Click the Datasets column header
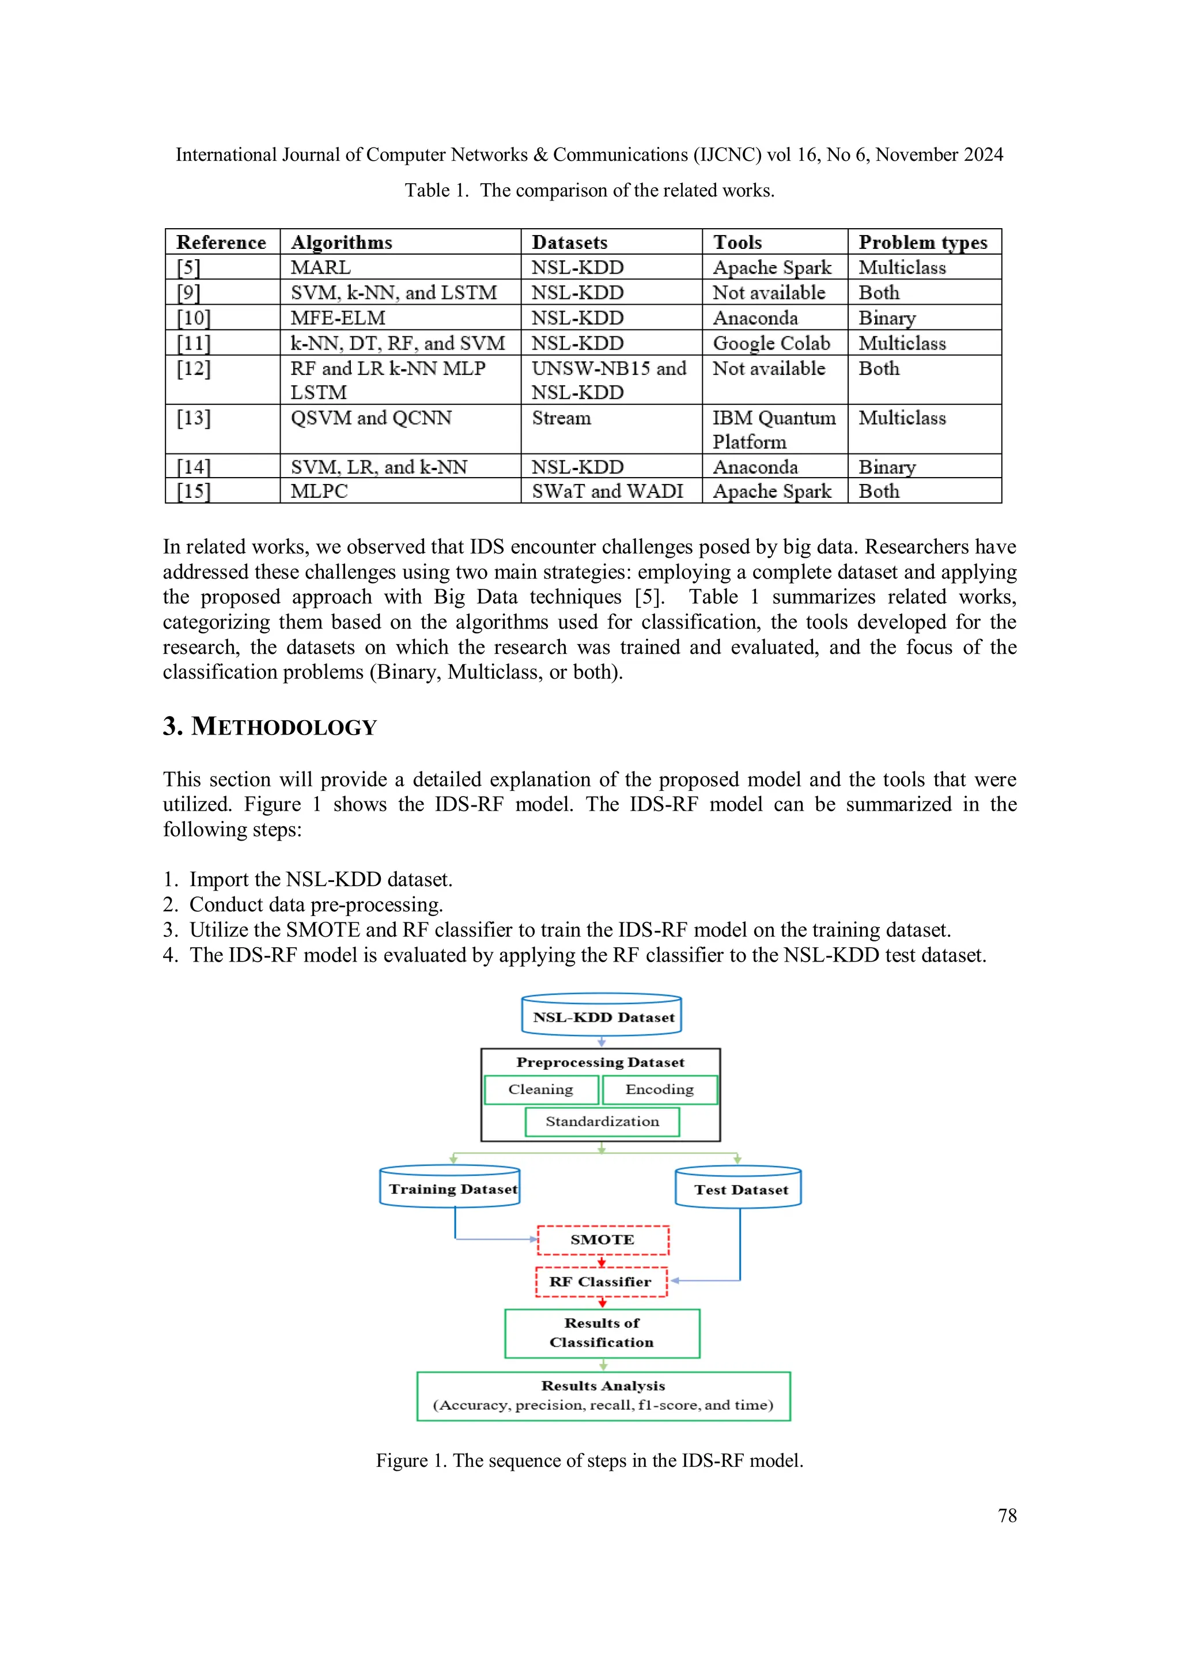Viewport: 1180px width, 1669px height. (x=569, y=242)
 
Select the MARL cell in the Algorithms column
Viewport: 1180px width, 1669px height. (x=320, y=267)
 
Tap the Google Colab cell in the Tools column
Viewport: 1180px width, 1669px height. (x=771, y=343)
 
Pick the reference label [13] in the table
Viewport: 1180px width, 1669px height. (x=194, y=418)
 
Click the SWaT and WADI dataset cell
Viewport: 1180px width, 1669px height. (x=607, y=491)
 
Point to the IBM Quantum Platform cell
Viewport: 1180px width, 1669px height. (x=774, y=430)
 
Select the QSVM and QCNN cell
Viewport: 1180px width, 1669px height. (x=371, y=418)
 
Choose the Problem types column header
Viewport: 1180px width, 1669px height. (x=922, y=242)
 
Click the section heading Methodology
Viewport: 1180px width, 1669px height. (x=270, y=726)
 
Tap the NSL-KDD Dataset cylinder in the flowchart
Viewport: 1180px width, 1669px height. (x=602, y=1016)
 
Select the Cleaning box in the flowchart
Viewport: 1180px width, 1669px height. (x=541, y=1089)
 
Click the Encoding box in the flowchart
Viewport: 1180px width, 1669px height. (x=660, y=1089)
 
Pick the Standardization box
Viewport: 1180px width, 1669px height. (x=602, y=1121)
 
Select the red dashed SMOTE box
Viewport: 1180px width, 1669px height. (x=603, y=1239)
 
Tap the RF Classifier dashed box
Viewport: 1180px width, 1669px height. (x=600, y=1281)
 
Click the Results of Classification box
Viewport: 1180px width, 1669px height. (x=602, y=1333)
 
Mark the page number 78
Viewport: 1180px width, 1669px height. (x=1007, y=1515)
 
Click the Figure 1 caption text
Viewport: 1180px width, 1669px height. (x=589, y=1460)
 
